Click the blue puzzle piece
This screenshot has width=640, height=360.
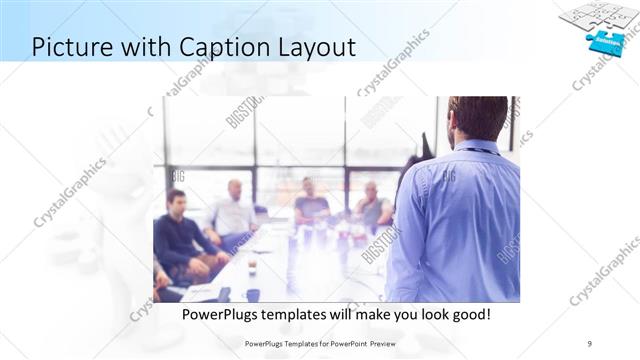(606, 41)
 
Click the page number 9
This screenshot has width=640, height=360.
(591, 342)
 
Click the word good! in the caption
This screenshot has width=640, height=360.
(467, 314)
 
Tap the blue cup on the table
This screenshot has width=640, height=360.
(253, 294)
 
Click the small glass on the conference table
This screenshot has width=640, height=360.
(252, 266)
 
